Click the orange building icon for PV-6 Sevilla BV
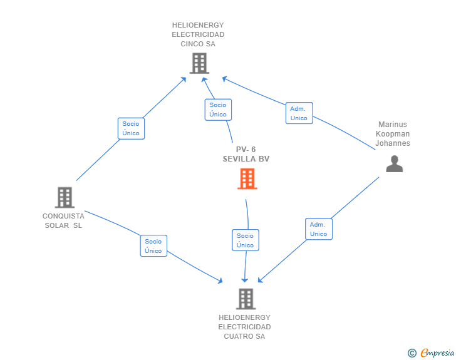click(247, 178)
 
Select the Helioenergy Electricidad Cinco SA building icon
click(199, 63)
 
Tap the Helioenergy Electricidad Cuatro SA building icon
click(246, 299)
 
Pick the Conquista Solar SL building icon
click(65, 197)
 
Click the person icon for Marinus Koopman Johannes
click(395, 163)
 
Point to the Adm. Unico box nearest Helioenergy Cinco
click(299, 113)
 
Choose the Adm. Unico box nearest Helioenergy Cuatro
click(319, 229)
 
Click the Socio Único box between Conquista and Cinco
click(131, 128)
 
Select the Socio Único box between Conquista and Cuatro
click(153, 245)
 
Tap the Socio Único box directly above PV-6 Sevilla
click(218, 110)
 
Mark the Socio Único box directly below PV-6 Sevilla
click(246, 240)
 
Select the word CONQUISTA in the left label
click(63, 216)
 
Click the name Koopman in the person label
click(393, 134)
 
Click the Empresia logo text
click(437, 352)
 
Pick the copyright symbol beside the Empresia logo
click(412, 353)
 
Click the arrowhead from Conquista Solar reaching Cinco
click(184, 80)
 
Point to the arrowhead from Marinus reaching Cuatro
click(260, 280)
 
